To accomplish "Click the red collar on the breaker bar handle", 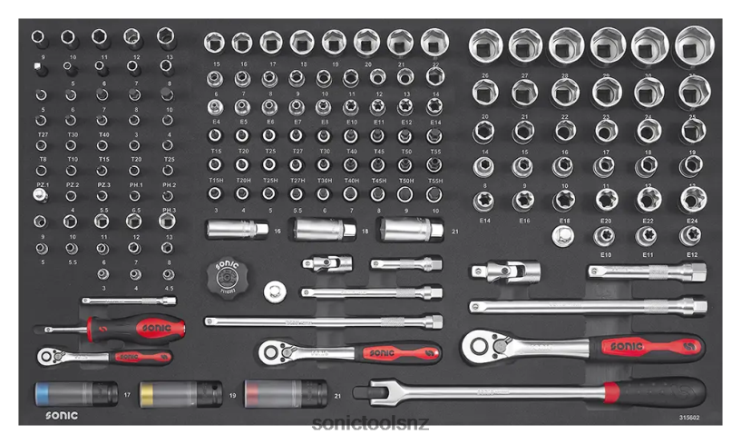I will tap(612, 392).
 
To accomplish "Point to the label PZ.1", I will tap(40, 185).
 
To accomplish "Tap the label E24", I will tap(693, 221).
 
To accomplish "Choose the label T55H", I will tap(435, 181).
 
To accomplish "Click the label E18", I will tap(564, 221).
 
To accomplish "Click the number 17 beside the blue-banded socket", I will tap(127, 395).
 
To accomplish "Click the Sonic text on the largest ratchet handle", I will tap(626, 346).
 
